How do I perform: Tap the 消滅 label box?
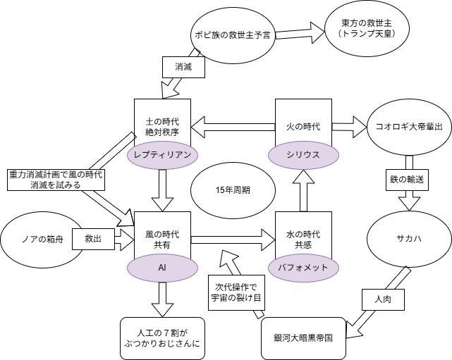pyautogui.click(x=183, y=67)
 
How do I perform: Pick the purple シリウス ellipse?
pyautogui.click(x=303, y=154)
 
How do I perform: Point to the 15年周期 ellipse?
pyautogui.click(x=233, y=190)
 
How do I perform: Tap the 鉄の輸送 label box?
pyautogui.click(x=405, y=179)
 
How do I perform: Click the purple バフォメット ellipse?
pyautogui.click(x=304, y=267)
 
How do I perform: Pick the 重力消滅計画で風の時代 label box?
pyautogui.click(x=56, y=180)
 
